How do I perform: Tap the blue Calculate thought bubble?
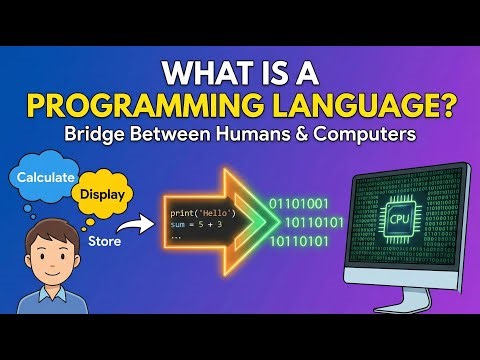pos(43,177)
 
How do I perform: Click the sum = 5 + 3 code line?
pos(197,227)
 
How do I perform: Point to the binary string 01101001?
pos(299,204)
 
